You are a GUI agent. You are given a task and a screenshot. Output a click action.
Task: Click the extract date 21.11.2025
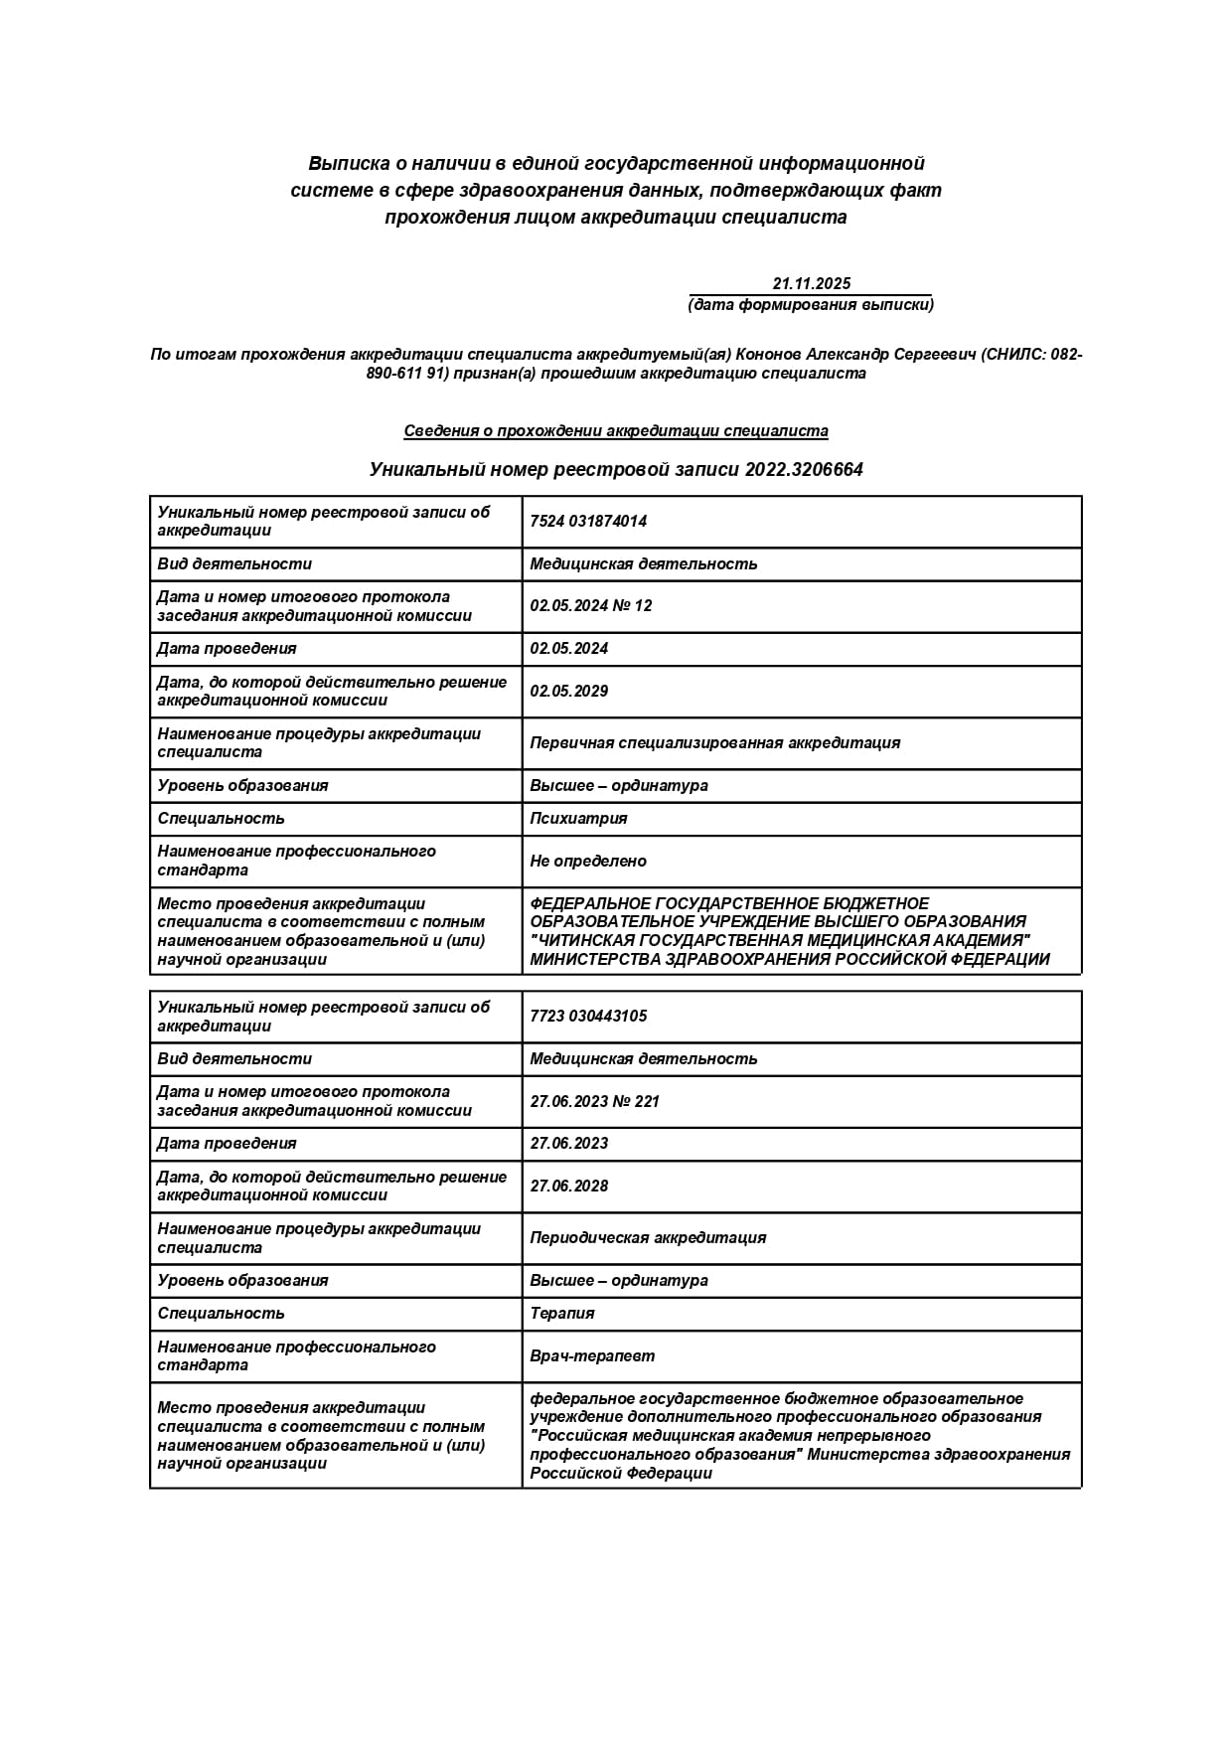(x=811, y=284)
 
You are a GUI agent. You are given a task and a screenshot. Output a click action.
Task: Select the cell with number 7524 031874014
(x=588, y=522)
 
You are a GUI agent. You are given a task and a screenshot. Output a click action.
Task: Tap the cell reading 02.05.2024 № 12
(x=591, y=606)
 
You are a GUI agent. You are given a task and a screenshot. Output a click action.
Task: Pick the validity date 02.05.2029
(x=569, y=692)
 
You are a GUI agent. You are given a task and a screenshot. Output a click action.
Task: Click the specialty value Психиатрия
(x=578, y=819)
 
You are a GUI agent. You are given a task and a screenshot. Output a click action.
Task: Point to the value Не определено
(x=588, y=862)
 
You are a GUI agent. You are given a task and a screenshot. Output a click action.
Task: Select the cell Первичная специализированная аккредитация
(x=715, y=743)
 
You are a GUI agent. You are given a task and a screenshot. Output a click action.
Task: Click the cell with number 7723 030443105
(x=588, y=1017)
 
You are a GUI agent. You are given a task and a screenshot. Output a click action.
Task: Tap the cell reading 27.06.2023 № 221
(x=595, y=1102)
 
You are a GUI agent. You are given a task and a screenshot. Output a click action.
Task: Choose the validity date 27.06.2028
(x=569, y=1187)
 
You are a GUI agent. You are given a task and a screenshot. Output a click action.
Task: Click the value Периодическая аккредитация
(x=648, y=1238)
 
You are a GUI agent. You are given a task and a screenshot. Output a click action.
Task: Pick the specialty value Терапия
(x=562, y=1314)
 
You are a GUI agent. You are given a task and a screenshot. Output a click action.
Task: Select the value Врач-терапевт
(x=592, y=1356)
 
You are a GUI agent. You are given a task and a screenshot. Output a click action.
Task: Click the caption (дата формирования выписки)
(x=811, y=305)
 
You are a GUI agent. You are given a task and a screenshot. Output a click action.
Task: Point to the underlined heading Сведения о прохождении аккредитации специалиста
(x=616, y=431)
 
